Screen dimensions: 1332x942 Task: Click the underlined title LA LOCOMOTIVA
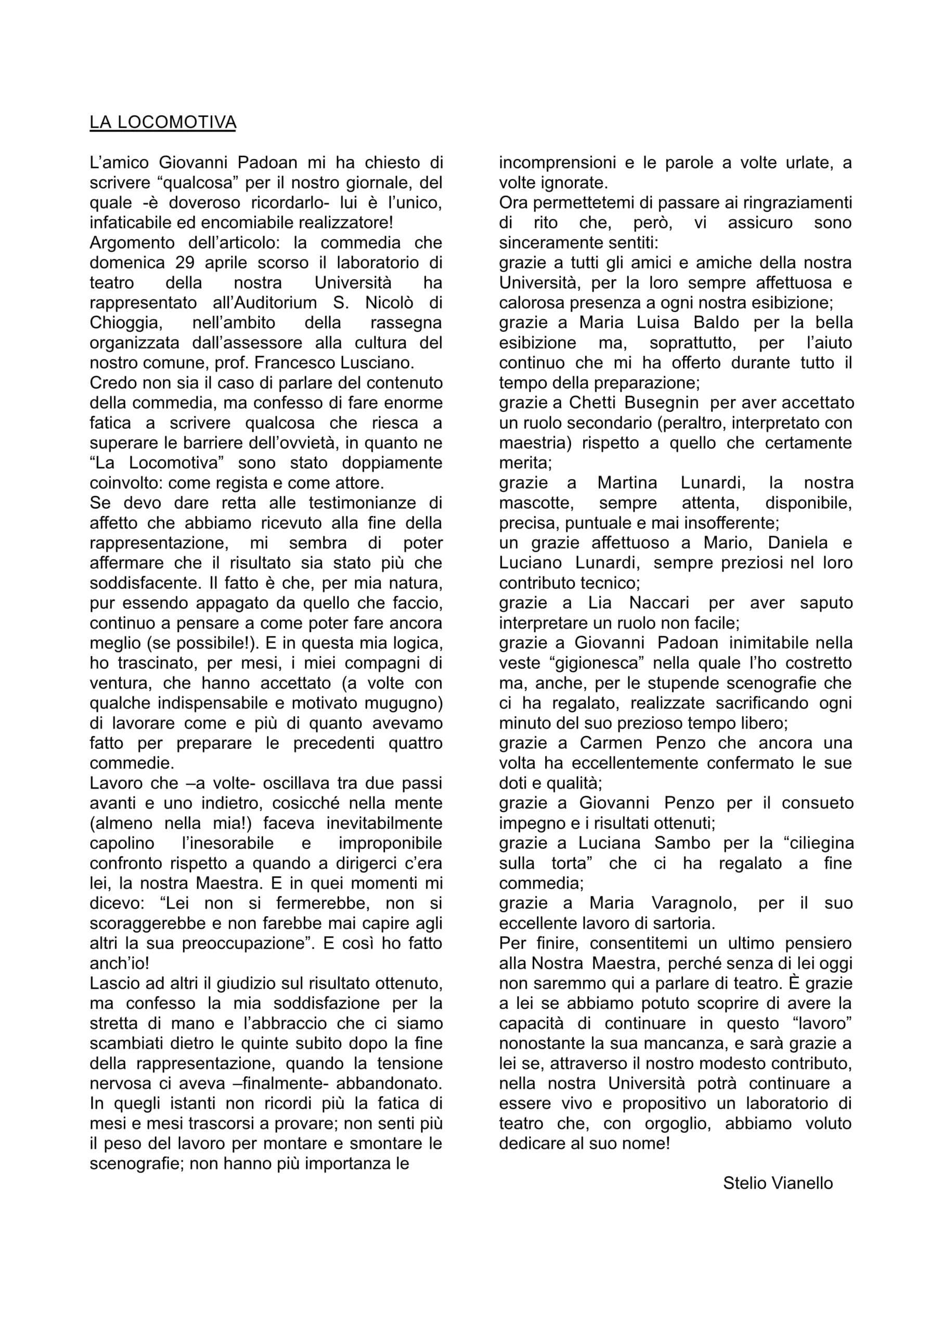pos(162,122)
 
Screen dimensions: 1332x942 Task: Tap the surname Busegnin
pos(661,403)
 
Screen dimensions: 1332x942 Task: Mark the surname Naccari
pos(659,603)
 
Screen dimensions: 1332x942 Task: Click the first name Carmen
pos(611,742)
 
